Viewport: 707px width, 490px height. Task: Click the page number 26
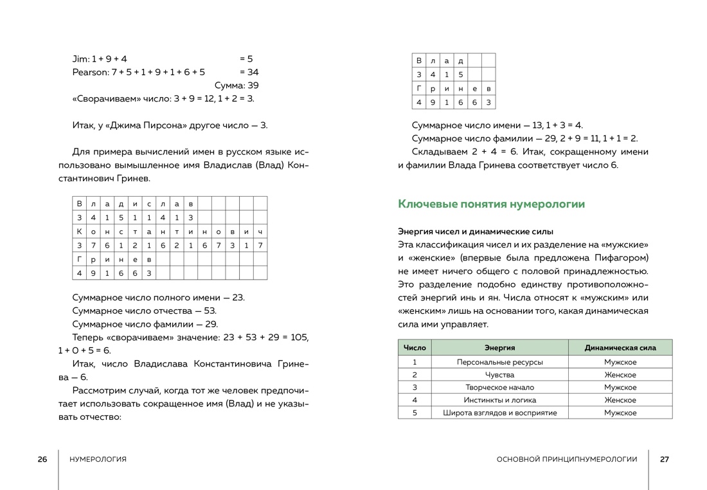pyautogui.click(x=42, y=459)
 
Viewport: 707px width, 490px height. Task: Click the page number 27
pyautogui.click(x=665, y=459)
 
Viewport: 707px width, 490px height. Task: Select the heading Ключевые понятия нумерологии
pyautogui.click(x=492, y=204)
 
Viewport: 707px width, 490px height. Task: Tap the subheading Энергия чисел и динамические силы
pyautogui.click(x=476, y=231)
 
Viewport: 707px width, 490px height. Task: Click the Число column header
pyautogui.click(x=415, y=348)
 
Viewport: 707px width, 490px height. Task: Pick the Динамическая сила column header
pyautogui.click(x=620, y=348)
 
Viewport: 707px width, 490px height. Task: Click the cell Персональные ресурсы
pyautogui.click(x=499, y=362)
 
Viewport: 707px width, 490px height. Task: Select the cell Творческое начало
pyautogui.click(x=499, y=387)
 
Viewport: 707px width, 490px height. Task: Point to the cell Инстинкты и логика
pyautogui.click(x=499, y=400)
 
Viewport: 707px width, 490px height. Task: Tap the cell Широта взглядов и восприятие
pyautogui.click(x=499, y=413)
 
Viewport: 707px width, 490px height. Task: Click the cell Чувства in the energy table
pyautogui.click(x=499, y=375)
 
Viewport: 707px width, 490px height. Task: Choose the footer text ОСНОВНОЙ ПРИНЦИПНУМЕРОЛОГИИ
pyautogui.click(x=567, y=459)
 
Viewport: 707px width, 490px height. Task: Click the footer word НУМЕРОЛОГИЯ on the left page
pyautogui.click(x=98, y=459)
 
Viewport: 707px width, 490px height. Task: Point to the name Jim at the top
pyautogui.click(x=80, y=59)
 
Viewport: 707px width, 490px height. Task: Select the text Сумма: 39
pyautogui.click(x=237, y=86)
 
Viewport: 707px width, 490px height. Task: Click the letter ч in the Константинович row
pyautogui.click(x=260, y=231)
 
